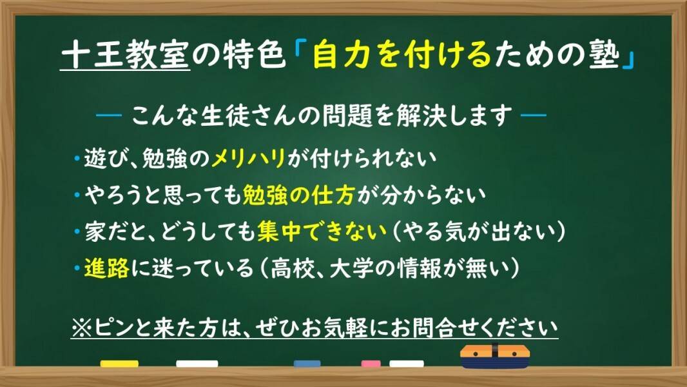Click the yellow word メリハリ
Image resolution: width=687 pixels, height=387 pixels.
[x=249, y=159]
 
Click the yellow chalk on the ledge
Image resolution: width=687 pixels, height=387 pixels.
[x=119, y=364]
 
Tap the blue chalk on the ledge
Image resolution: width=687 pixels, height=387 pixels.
[x=307, y=364]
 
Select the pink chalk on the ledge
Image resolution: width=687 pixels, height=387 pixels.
[x=371, y=364]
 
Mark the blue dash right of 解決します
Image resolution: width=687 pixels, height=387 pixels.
[x=533, y=117]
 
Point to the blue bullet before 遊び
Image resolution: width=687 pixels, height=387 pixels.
[x=77, y=159]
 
